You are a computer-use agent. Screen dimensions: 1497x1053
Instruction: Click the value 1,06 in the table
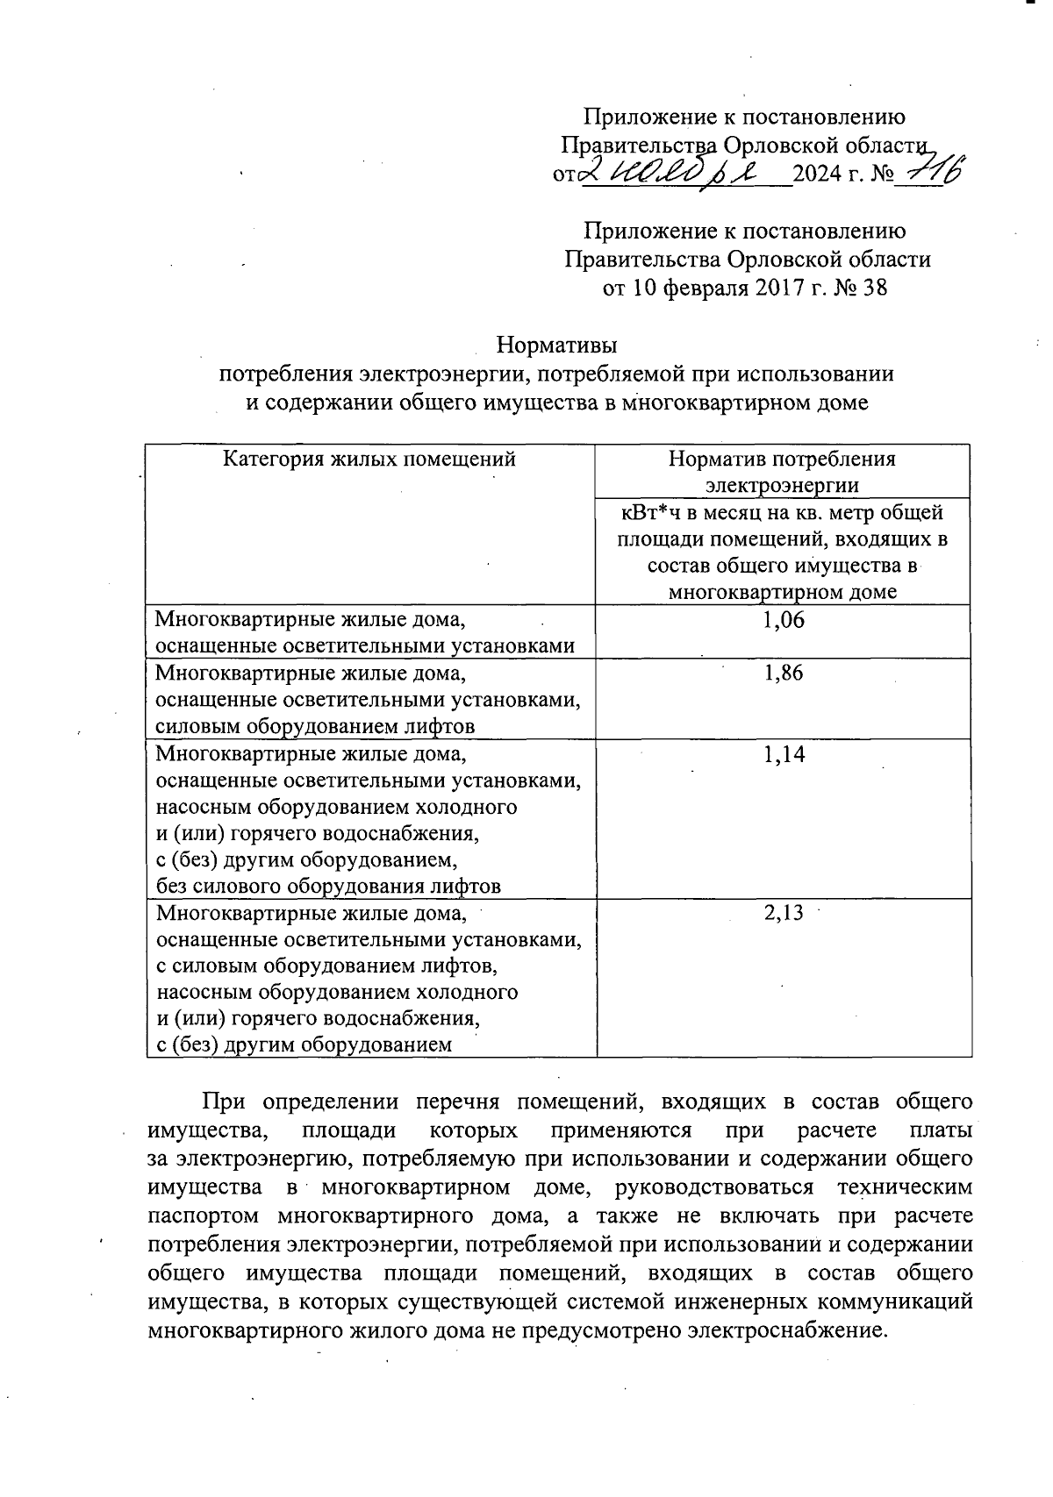[784, 620]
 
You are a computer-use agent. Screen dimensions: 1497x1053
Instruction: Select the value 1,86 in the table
[784, 674]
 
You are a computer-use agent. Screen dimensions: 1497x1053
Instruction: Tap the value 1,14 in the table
[784, 754]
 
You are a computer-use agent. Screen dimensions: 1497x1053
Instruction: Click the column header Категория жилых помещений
[369, 459]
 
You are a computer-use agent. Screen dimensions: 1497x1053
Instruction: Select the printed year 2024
[816, 175]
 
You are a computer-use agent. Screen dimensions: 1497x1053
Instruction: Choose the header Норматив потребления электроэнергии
[782, 471]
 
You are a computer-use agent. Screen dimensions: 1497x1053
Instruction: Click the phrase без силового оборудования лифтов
[328, 886]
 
